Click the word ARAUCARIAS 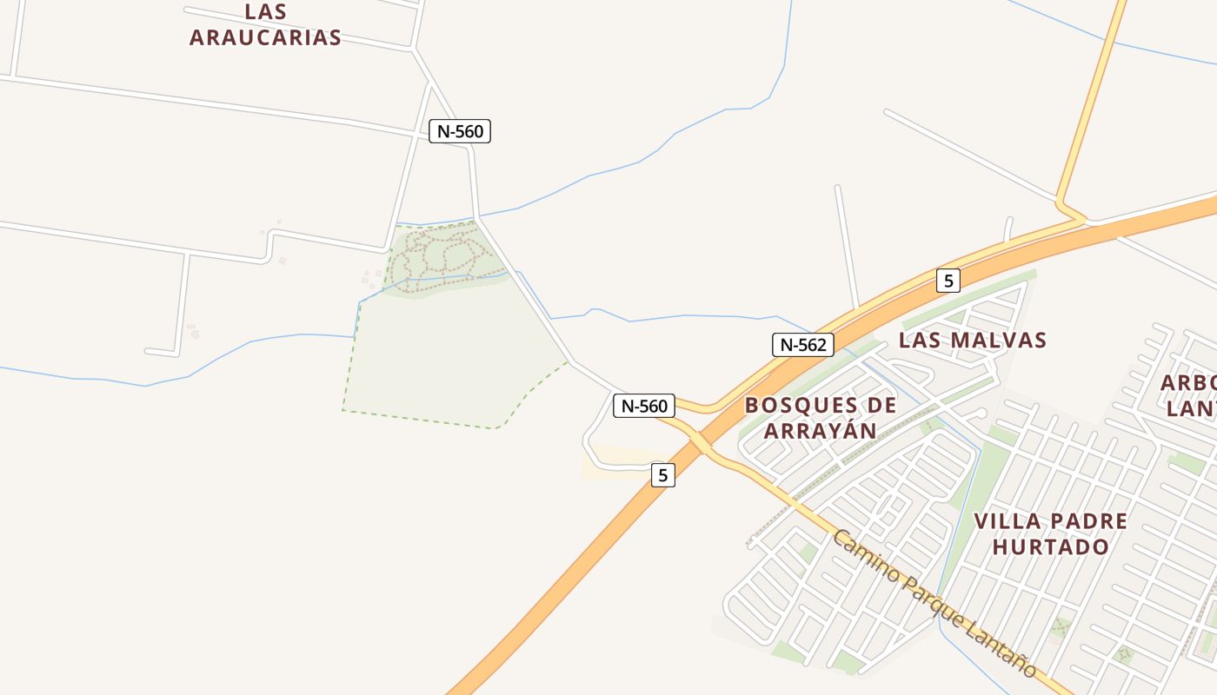265,37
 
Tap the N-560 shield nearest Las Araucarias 460,131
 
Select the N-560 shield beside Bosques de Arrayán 644,406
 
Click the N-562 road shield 803,345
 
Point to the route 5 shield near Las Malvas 948,281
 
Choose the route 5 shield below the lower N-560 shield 662,475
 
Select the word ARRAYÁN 820,430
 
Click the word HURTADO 1051,546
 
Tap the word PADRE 1088,521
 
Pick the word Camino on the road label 864,557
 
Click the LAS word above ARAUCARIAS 266,12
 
